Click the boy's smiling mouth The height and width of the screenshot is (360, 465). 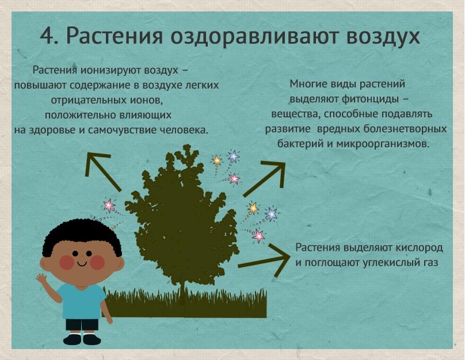(x=82, y=263)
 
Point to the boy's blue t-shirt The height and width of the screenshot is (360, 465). (x=82, y=301)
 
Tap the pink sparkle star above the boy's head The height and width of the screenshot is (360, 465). (x=109, y=205)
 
